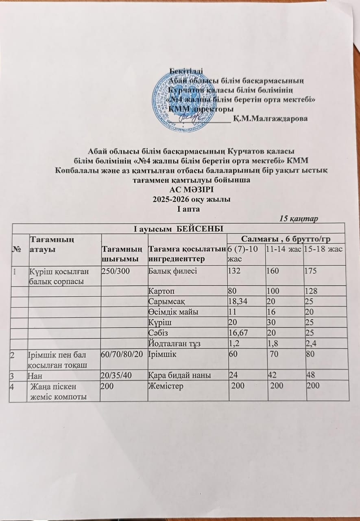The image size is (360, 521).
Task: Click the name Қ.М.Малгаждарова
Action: coord(271,118)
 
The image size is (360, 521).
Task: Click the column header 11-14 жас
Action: coord(282,249)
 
